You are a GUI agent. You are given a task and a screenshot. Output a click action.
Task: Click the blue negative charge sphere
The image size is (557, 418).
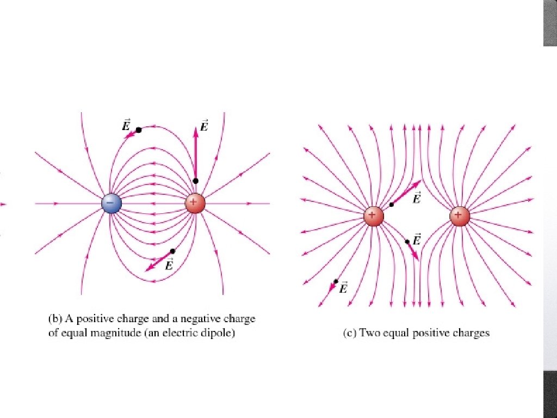[112, 204]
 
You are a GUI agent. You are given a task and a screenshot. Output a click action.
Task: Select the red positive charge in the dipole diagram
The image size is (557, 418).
[195, 204]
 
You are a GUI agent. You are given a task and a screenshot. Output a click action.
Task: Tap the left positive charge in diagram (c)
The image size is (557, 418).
[374, 216]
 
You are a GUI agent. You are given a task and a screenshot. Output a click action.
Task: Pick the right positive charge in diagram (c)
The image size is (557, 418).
[460, 216]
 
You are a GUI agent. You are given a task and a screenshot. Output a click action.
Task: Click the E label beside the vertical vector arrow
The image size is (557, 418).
[204, 126]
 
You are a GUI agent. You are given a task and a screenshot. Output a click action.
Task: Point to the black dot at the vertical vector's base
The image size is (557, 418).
[195, 181]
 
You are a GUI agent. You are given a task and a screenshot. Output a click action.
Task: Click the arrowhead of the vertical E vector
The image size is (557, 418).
[196, 129]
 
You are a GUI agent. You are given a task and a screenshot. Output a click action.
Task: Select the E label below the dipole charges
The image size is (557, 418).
[169, 265]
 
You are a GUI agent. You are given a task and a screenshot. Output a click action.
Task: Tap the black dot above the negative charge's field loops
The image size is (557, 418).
[139, 130]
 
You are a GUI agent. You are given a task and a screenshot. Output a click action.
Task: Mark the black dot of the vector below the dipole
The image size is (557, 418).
[172, 251]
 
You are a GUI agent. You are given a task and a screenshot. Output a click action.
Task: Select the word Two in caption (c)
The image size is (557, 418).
[368, 333]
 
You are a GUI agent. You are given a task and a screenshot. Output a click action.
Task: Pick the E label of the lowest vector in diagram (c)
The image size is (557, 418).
[343, 288]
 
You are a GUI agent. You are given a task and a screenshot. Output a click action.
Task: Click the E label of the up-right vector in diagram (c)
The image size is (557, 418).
[417, 198]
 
